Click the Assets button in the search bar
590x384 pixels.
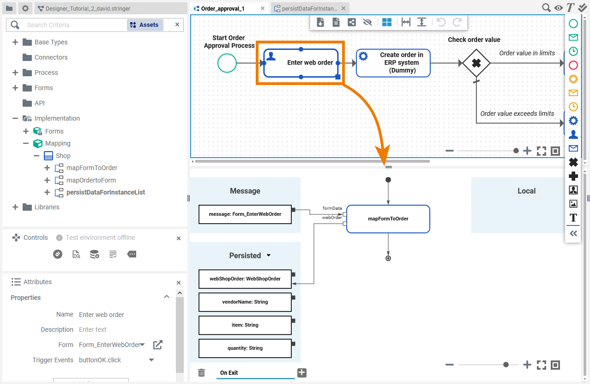click(x=145, y=25)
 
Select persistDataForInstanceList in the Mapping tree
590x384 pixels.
click(x=105, y=192)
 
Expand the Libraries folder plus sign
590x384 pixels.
click(x=15, y=207)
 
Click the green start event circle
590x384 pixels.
click(x=227, y=63)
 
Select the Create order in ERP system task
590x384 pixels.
click(x=393, y=63)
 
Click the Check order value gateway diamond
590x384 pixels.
click(x=476, y=63)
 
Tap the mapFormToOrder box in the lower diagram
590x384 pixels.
click(x=388, y=219)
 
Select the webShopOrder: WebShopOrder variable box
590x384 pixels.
click(x=245, y=279)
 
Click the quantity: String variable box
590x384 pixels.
click(x=245, y=348)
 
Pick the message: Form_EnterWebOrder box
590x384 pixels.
click(x=245, y=214)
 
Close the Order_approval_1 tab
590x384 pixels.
click(x=262, y=8)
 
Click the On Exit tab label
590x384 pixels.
click(x=229, y=372)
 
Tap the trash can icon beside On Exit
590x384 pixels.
click(x=201, y=372)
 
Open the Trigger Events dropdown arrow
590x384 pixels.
click(x=151, y=360)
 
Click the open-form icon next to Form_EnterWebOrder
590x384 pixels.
click(x=158, y=345)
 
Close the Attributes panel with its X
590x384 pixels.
click(x=179, y=282)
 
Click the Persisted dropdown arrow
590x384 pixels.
click(x=269, y=256)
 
